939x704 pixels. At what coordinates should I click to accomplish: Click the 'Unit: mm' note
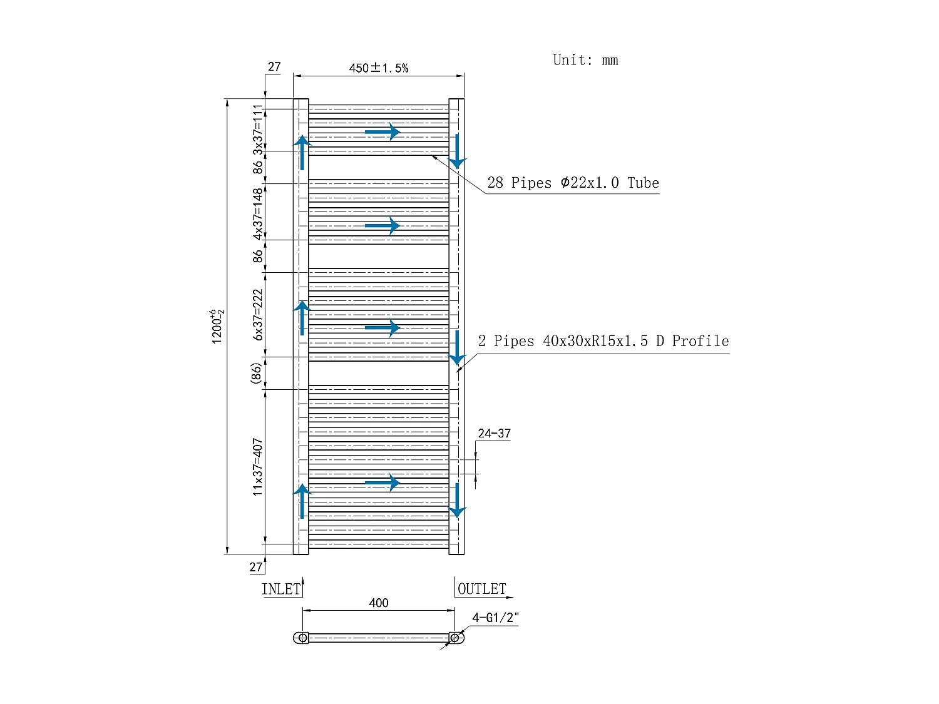[585, 60]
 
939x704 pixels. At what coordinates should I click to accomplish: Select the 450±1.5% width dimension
[378, 68]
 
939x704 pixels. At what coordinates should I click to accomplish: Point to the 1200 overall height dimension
[217, 326]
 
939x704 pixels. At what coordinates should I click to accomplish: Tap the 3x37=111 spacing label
[258, 130]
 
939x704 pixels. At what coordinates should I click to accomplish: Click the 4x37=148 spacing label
[258, 214]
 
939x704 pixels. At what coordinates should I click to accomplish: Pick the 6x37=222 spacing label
[258, 315]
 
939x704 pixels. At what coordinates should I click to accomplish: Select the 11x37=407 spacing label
[258, 467]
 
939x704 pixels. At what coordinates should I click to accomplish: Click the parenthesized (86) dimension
[255, 374]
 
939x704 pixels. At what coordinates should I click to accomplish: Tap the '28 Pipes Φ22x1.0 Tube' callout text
[573, 183]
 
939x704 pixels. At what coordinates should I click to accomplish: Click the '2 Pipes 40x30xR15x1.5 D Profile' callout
[603, 341]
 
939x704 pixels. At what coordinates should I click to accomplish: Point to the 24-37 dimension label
[494, 434]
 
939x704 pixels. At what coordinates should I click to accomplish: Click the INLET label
[281, 589]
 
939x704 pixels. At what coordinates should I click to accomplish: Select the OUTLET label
[481, 589]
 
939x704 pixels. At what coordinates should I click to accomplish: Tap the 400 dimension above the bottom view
[378, 603]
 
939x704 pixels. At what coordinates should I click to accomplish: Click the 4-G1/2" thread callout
[495, 618]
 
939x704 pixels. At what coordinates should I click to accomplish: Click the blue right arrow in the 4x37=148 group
[382, 225]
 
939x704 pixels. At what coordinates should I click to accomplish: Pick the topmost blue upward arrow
[302, 152]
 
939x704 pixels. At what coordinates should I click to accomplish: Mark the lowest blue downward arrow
[458, 500]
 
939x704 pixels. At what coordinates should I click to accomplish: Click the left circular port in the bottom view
[303, 638]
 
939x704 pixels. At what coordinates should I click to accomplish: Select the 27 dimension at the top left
[274, 67]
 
